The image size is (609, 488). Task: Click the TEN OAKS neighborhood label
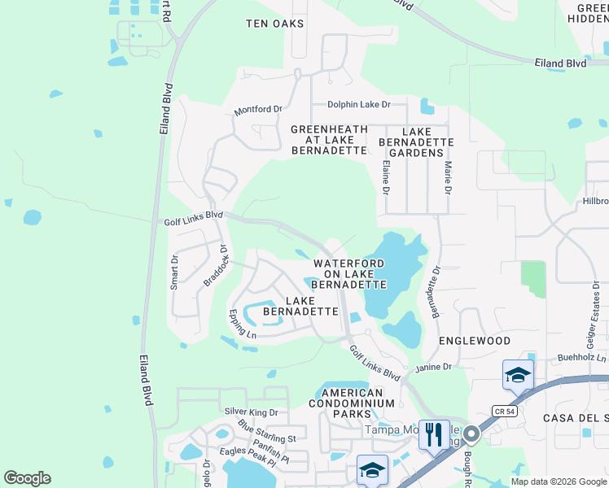(274, 24)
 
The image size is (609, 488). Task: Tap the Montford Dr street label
(257, 109)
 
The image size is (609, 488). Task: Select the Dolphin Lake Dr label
(359, 104)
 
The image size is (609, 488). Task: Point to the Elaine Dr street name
(385, 176)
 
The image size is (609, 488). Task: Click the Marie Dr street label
(447, 177)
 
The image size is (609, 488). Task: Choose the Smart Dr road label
(174, 272)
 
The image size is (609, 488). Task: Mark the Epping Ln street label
(242, 324)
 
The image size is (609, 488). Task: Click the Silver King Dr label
(251, 412)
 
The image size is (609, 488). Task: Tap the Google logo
(27, 478)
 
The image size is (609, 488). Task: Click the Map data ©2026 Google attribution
(559, 481)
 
